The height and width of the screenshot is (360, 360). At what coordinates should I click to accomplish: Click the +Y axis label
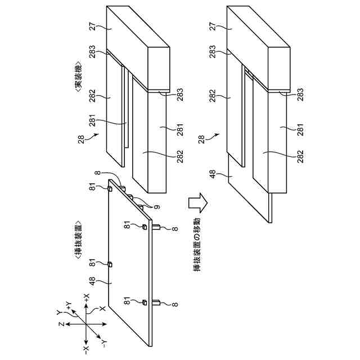point(67,305)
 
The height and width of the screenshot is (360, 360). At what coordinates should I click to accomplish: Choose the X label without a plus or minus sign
point(102,309)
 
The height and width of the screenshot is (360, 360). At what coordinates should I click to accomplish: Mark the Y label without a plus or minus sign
point(59,312)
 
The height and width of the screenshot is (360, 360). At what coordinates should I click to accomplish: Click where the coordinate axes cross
point(85,325)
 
